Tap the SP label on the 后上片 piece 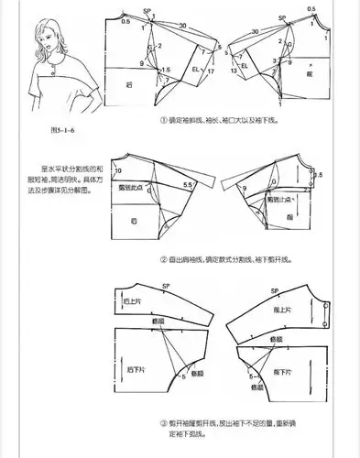[166, 287]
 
